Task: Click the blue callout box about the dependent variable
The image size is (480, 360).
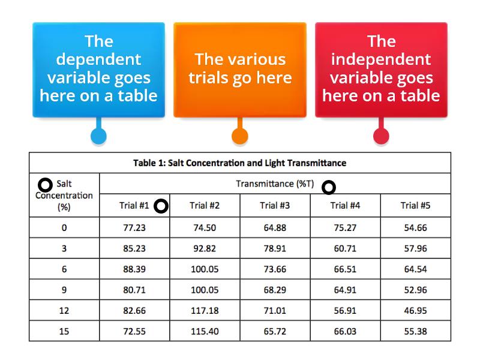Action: [98, 70]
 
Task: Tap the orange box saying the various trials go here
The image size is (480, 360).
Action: [240, 70]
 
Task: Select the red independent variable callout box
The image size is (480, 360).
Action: [381, 70]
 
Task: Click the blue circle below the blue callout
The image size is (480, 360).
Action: [98, 136]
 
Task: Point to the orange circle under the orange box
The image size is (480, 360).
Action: [239, 136]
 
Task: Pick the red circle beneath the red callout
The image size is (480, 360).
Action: [381, 136]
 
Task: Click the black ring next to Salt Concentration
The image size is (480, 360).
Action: [39, 185]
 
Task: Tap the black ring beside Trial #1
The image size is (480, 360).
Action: [155, 206]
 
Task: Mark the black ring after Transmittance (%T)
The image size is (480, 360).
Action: [323, 187]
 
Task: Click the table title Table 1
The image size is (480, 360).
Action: [239, 163]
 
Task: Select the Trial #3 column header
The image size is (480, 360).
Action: [275, 205]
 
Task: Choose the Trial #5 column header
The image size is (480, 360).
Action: [415, 205]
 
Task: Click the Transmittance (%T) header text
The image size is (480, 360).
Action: [275, 184]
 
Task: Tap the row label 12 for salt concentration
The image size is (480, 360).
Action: [64, 311]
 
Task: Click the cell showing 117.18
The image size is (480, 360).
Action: [205, 311]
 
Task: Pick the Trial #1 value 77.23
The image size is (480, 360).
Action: [134, 228]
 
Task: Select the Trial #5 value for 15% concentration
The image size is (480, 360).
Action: [415, 331]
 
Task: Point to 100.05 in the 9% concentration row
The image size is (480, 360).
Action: [205, 290]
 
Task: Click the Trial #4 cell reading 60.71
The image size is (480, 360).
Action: [345, 248]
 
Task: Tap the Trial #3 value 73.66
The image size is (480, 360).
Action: [275, 269]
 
